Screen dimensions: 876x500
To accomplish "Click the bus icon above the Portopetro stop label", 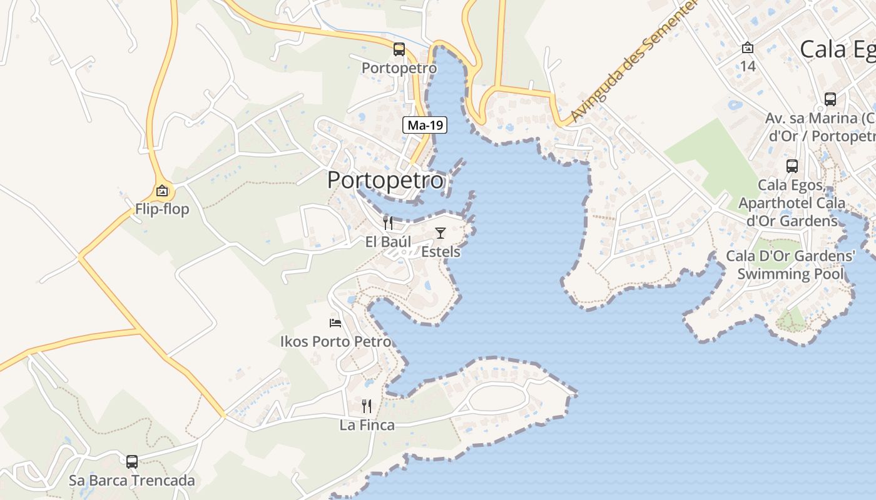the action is [x=399, y=49].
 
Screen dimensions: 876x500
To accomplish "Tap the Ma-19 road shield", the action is [x=424, y=126].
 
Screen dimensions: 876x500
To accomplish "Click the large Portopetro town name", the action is [x=385, y=181].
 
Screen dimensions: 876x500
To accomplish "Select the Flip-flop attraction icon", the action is [x=162, y=191].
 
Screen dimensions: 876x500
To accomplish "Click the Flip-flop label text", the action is [x=162, y=209].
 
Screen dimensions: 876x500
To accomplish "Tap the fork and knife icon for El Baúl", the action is [x=389, y=223].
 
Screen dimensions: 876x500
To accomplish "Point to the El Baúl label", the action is [x=389, y=242].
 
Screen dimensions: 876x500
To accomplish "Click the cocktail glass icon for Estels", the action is [x=441, y=233].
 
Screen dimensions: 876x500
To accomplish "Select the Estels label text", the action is [x=441, y=252].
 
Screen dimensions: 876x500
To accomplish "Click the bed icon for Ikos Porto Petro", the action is [x=336, y=323].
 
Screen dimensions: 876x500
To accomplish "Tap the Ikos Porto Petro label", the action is [x=336, y=342].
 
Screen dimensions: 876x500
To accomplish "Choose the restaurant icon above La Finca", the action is [x=367, y=406].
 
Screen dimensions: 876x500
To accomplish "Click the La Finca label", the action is [x=367, y=426].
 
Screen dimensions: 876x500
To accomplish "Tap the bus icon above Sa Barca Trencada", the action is [x=132, y=462].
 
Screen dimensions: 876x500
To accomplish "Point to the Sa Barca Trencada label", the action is [x=132, y=481].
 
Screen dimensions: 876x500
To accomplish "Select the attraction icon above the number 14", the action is [x=748, y=47].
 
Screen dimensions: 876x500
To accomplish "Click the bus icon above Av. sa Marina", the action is [x=830, y=99].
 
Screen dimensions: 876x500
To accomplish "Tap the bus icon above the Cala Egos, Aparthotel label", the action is [x=792, y=166].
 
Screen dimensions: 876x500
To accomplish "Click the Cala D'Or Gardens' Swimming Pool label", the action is [x=790, y=265].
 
